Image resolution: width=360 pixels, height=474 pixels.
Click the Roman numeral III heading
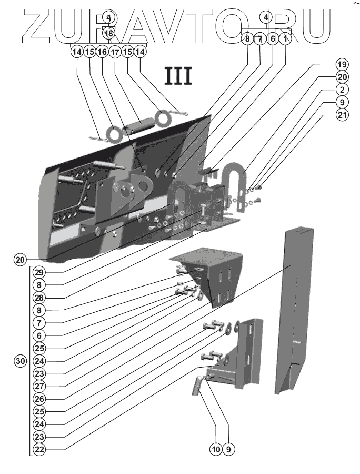[178, 75]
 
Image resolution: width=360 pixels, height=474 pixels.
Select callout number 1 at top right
[285, 38]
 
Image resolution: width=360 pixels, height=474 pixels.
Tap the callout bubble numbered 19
[342, 64]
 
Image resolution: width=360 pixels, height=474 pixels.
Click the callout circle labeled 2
[342, 90]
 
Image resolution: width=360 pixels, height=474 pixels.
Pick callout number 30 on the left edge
[20, 361]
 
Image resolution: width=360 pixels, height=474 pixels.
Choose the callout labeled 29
[38, 272]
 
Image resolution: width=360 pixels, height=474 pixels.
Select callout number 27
[38, 386]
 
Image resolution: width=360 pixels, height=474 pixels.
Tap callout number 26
[38, 399]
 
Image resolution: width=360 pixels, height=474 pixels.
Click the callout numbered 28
[38, 297]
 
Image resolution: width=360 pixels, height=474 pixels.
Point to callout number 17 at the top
[115, 52]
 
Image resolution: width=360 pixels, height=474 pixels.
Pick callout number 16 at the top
[102, 52]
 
